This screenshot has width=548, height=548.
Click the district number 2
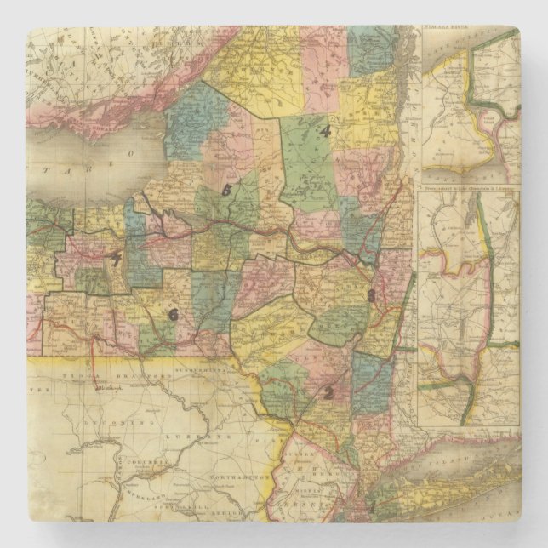[326, 392]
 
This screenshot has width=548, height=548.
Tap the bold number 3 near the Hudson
[371, 295]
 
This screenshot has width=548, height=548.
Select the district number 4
[324, 131]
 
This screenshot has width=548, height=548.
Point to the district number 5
[225, 191]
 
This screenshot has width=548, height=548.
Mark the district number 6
[174, 314]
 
